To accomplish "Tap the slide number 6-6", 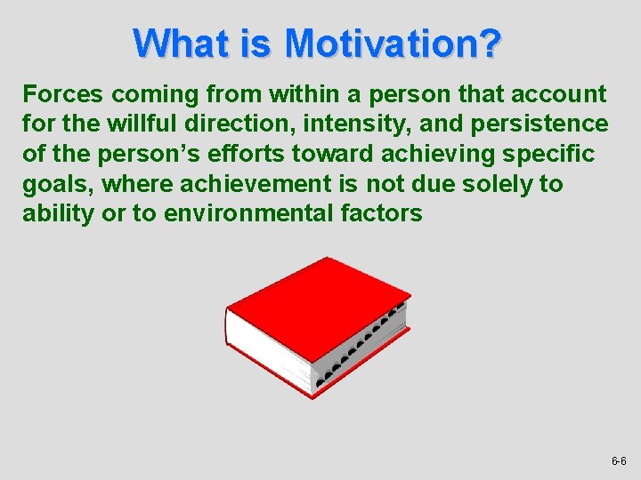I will (619, 461).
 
